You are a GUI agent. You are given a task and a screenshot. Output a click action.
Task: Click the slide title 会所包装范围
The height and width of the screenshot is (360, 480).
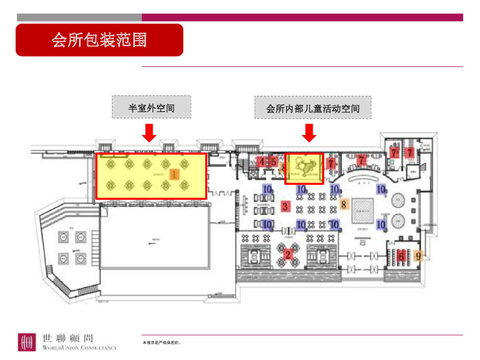[99, 40]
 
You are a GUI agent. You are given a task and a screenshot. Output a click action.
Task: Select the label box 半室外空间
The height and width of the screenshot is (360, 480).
[151, 108]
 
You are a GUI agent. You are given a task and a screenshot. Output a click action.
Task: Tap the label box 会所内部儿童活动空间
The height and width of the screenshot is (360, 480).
[313, 108]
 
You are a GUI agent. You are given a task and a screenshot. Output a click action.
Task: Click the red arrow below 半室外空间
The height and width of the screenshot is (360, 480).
[150, 133]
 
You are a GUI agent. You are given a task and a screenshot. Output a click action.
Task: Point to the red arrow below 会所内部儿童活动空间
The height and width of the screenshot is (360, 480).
[309, 133]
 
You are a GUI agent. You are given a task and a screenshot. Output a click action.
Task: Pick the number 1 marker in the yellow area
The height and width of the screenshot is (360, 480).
[174, 174]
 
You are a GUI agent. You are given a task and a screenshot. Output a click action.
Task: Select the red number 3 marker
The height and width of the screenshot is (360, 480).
[285, 206]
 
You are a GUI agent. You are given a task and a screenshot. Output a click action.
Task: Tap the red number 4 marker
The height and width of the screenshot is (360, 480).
[262, 162]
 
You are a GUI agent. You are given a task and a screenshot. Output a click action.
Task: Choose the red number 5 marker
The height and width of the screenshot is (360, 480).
[273, 162]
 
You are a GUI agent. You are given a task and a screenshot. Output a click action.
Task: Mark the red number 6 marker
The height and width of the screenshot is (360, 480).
[401, 256]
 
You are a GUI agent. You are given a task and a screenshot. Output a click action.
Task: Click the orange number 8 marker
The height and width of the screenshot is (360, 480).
[344, 204]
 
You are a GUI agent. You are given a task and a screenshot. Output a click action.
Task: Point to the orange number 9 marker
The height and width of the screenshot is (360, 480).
[419, 256]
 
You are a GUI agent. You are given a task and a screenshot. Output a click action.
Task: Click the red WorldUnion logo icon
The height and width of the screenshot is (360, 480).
[27, 342]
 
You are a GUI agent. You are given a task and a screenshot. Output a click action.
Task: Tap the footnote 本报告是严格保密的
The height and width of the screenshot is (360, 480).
[162, 343]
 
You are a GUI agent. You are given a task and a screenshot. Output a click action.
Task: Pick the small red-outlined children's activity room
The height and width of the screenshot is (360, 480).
[304, 169]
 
